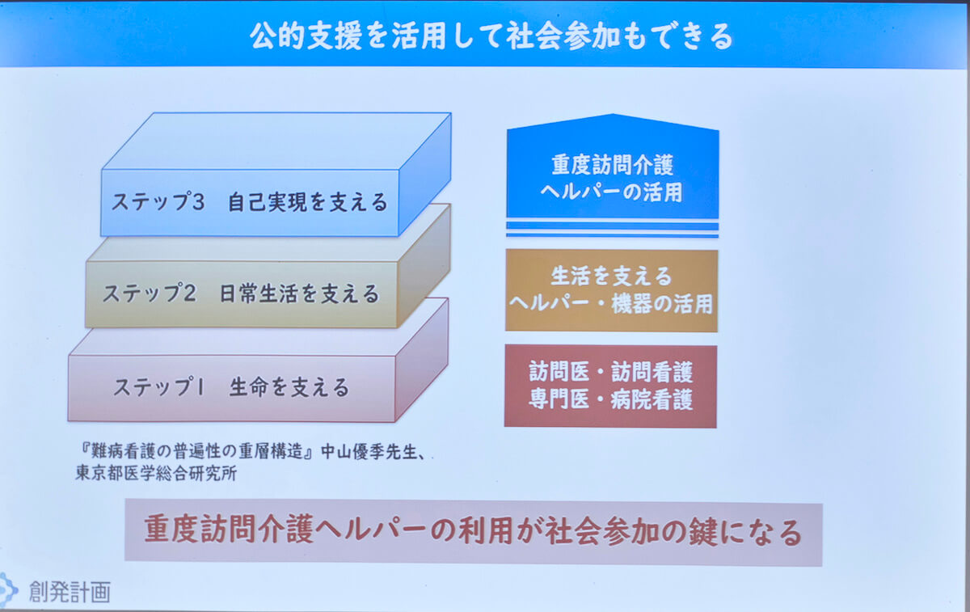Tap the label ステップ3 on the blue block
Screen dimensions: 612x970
(158, 202)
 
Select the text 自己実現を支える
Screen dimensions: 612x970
(307, 202)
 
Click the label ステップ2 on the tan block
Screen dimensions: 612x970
(149, 293)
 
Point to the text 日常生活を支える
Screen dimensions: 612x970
(299, 293)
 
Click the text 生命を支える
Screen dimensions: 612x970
(289, 387)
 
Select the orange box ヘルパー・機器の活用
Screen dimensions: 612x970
(612, 305)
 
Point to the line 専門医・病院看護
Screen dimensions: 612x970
(611, 399)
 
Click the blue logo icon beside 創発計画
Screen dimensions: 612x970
(7, 590)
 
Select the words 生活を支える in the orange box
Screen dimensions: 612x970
(611, 276)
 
